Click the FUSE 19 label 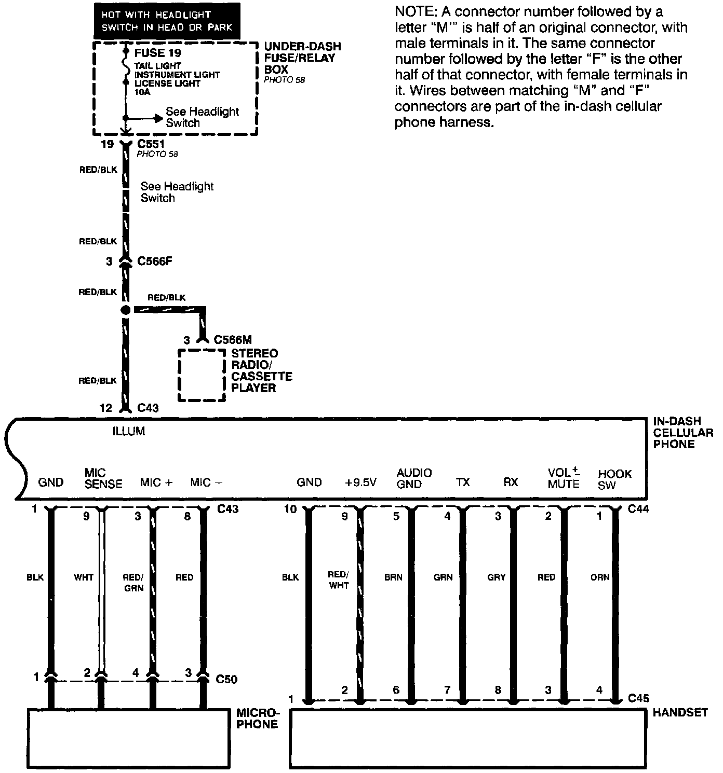(x=157, y=53)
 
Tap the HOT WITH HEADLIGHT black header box (x=167, y=21)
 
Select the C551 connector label (x=151, y=144)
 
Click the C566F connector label (x=154, y=261)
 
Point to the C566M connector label (x=233, y=340)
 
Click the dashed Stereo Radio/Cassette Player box (x=202, y=375)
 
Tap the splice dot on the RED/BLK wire (x=125, y=310)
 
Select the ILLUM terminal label (x=129, y=431)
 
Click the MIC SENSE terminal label (x=103, y=478)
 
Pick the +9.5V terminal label (x=360, y=482)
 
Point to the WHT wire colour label (x=83, y=577)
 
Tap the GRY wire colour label (x=496, y=577)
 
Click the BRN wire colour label (x=393, y=577)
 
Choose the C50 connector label (x=226, y=680)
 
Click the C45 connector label (x=638, y=698)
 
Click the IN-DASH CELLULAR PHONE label (x=682, y=433)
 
